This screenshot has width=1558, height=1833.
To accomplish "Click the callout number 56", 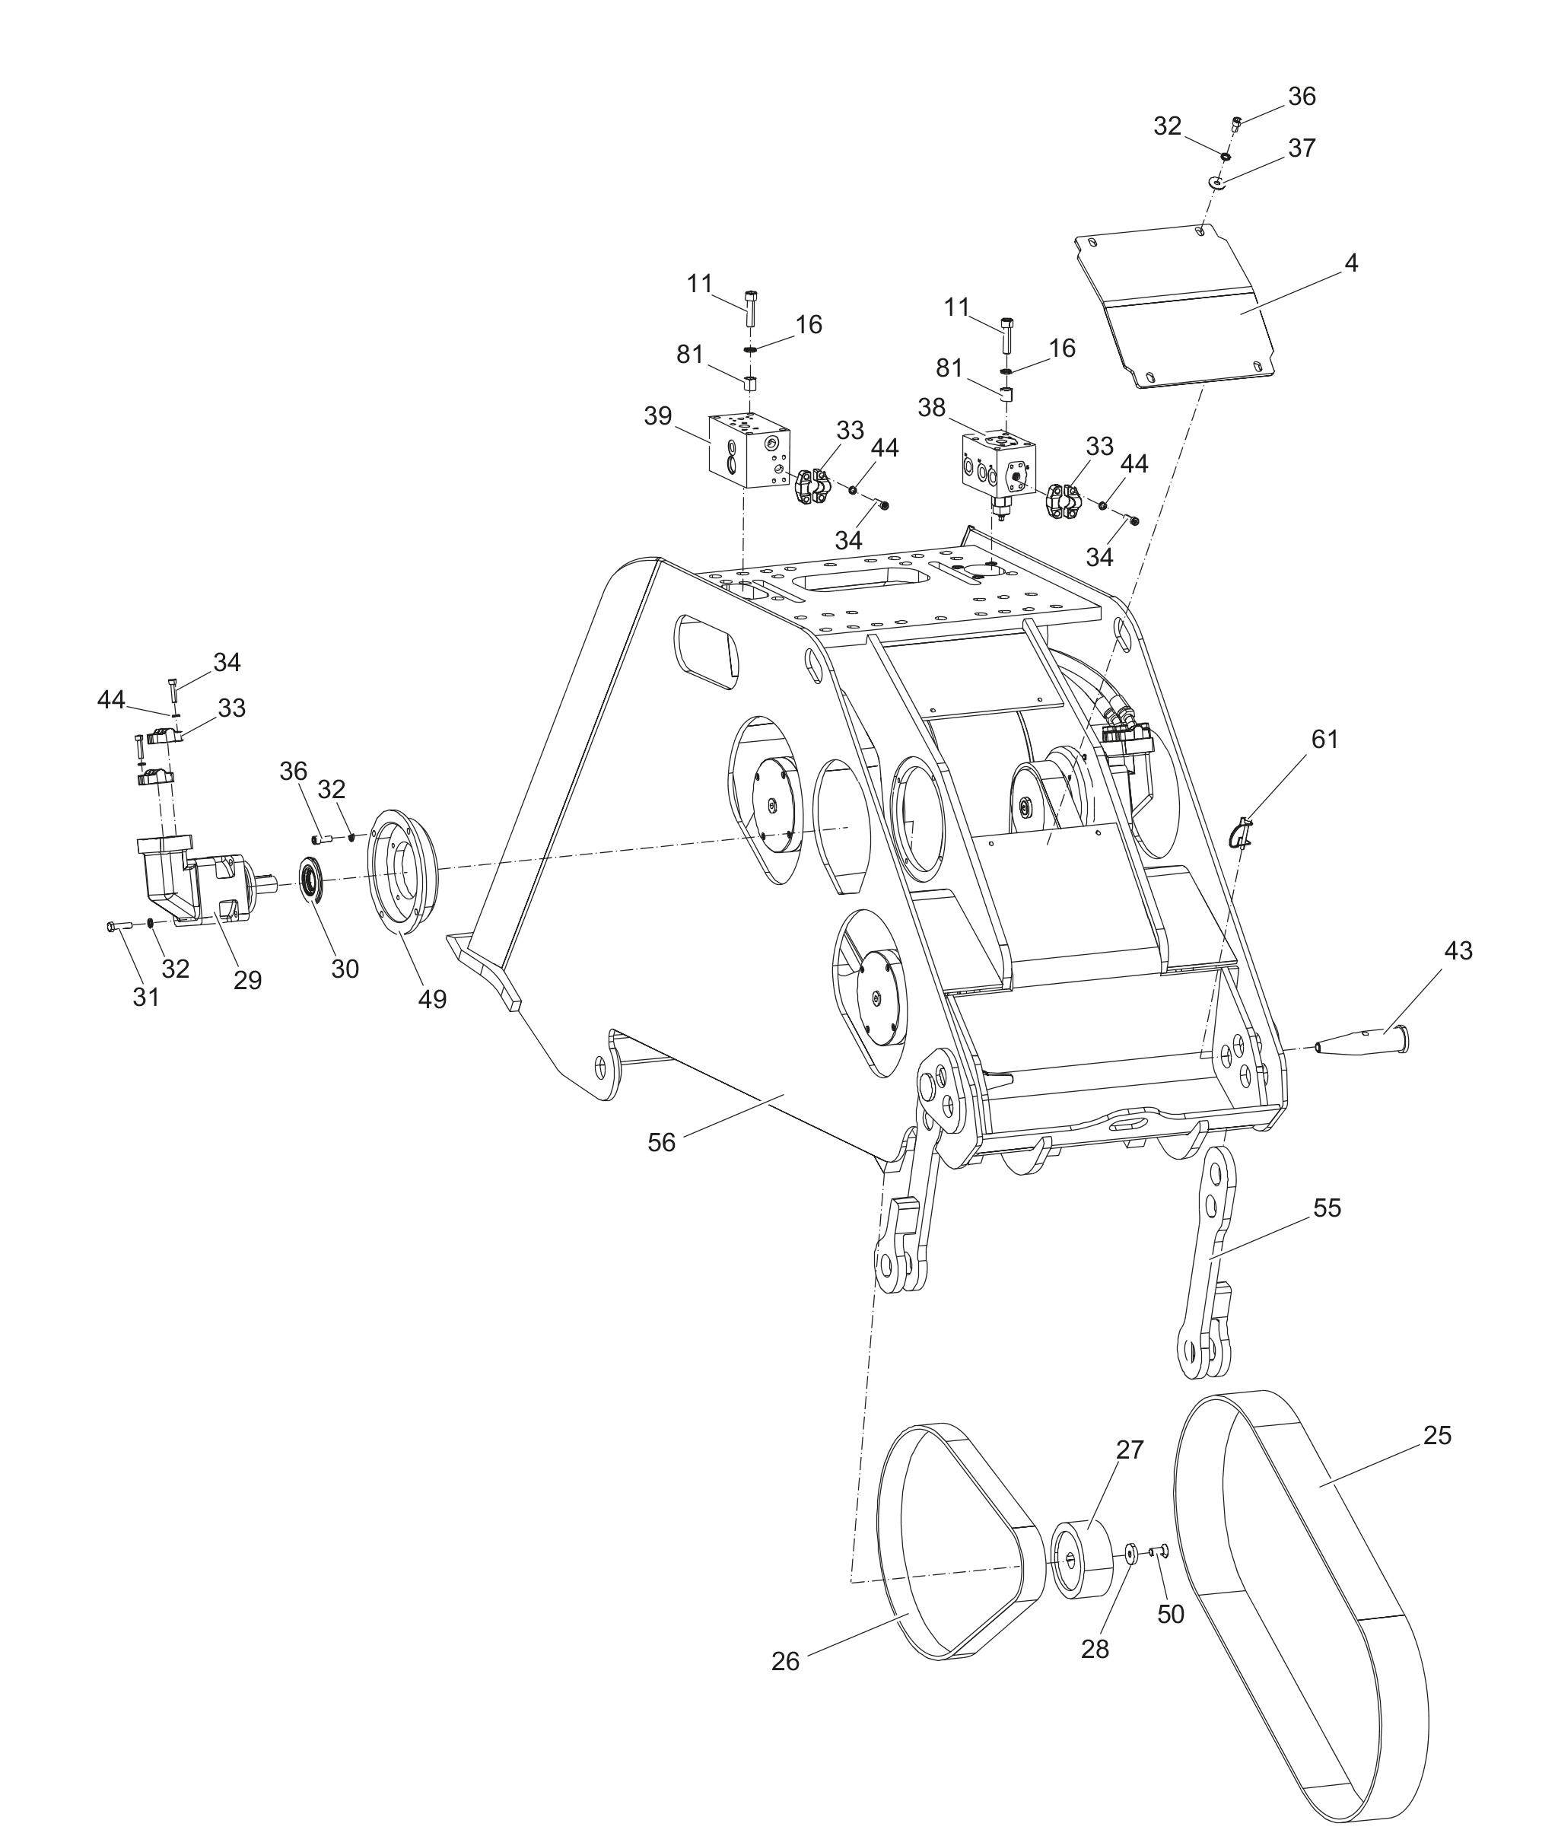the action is point(662,1143).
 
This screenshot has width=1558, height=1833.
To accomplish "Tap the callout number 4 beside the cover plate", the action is point(1351,263).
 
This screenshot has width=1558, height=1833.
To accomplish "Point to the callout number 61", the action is point(1324,740).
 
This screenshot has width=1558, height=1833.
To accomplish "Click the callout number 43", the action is point(1458,950).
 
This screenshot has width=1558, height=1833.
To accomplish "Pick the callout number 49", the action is point(432,999).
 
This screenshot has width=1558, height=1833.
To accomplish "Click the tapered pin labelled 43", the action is point(1362,1039).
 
